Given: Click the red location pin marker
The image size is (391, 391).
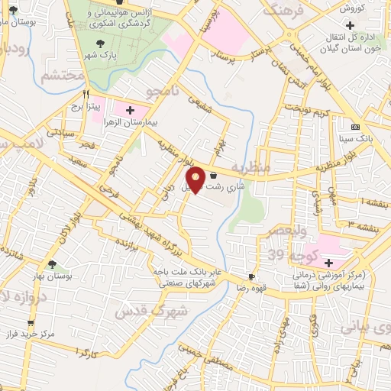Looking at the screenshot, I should coord(196,179).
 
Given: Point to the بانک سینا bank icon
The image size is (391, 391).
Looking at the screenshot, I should coord(354,127).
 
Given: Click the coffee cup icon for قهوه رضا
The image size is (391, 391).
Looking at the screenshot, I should coord(251,276).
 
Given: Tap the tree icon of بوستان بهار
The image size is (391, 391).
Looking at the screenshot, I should coord(51,264).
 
